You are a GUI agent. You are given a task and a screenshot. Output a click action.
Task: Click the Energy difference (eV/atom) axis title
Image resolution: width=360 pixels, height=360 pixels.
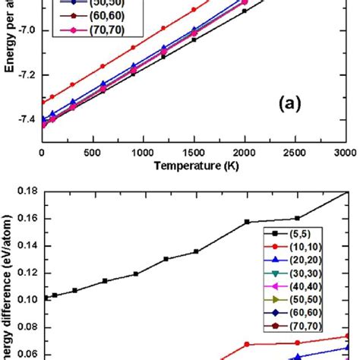tap(7, 289)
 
